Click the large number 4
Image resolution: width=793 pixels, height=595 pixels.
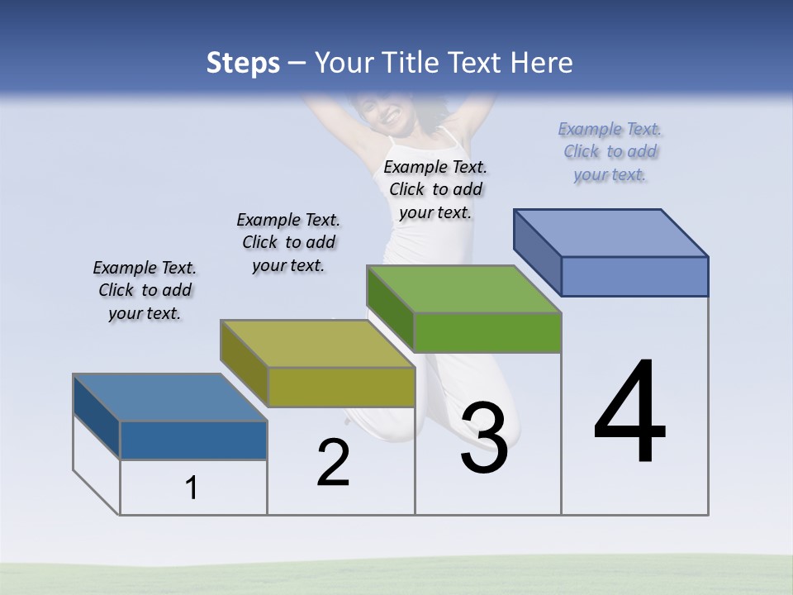point(629,413)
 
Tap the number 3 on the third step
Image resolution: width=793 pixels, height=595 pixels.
point(484,439)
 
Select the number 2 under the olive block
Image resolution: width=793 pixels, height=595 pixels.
point(334,464)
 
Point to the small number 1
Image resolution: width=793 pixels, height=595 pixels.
point(192,488)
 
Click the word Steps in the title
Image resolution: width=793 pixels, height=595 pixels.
point(243,63)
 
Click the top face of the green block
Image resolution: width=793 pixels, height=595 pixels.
point(464,289)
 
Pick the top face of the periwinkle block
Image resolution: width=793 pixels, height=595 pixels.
point(611,233)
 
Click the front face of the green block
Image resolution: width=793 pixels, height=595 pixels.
point(487,333)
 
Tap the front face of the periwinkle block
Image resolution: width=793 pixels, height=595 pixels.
point(634,276)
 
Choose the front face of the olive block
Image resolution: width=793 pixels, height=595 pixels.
point(341,387)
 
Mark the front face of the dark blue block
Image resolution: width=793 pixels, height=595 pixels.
point(193,440)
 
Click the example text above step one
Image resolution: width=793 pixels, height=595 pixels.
point(145,291)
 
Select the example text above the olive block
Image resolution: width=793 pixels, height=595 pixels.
point(288,243)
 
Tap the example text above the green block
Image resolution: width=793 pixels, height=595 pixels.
point(435,190)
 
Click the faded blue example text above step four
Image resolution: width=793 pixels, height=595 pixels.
point(610,152)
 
